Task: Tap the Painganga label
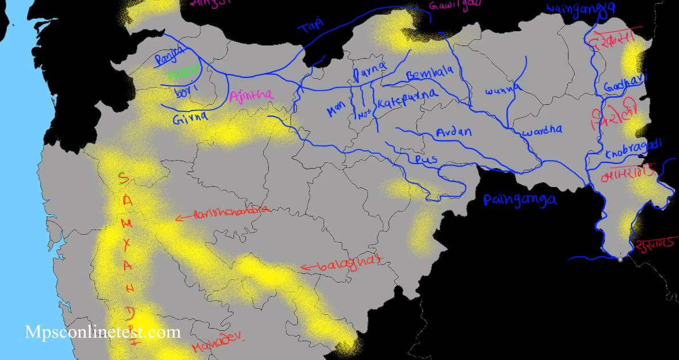pyautogui.click(x=520, y=199)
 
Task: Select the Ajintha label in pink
pyautogui.click(x=251, y=96)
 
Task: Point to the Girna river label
pyautogui.click(x=190, y=118)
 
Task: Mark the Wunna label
pyautogui.click(x=503, y=90)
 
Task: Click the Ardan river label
pyautogui.click(x=453, y=132)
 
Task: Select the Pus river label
pyautogui.click(x=426, y=159)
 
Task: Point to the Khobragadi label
pyautogui.click(x=633, y=149)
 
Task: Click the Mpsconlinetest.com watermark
pyautogui.click(x=103, y=332)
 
